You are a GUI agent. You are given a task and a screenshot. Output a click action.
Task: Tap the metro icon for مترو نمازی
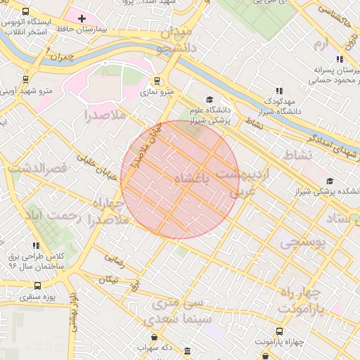(157, 81)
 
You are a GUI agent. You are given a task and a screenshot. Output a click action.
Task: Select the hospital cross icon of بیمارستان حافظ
(82, 18)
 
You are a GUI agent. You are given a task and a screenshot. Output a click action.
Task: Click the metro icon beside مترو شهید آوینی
(25, 79)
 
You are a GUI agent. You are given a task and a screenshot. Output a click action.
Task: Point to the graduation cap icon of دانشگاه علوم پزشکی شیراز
(207, 100)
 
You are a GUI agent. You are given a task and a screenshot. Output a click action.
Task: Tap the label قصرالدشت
(37, 169)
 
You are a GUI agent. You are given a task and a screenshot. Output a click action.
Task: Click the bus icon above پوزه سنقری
(38, 287)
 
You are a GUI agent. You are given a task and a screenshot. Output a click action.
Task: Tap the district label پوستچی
(304, 243)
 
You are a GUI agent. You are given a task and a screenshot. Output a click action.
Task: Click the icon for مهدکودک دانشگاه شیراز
(279, 91)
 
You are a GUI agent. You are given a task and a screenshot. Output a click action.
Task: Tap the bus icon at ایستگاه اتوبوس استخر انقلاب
(26, 12)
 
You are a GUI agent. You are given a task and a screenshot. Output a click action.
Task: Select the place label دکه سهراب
(157, 347)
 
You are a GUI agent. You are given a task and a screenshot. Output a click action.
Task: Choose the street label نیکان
(109, 279)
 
